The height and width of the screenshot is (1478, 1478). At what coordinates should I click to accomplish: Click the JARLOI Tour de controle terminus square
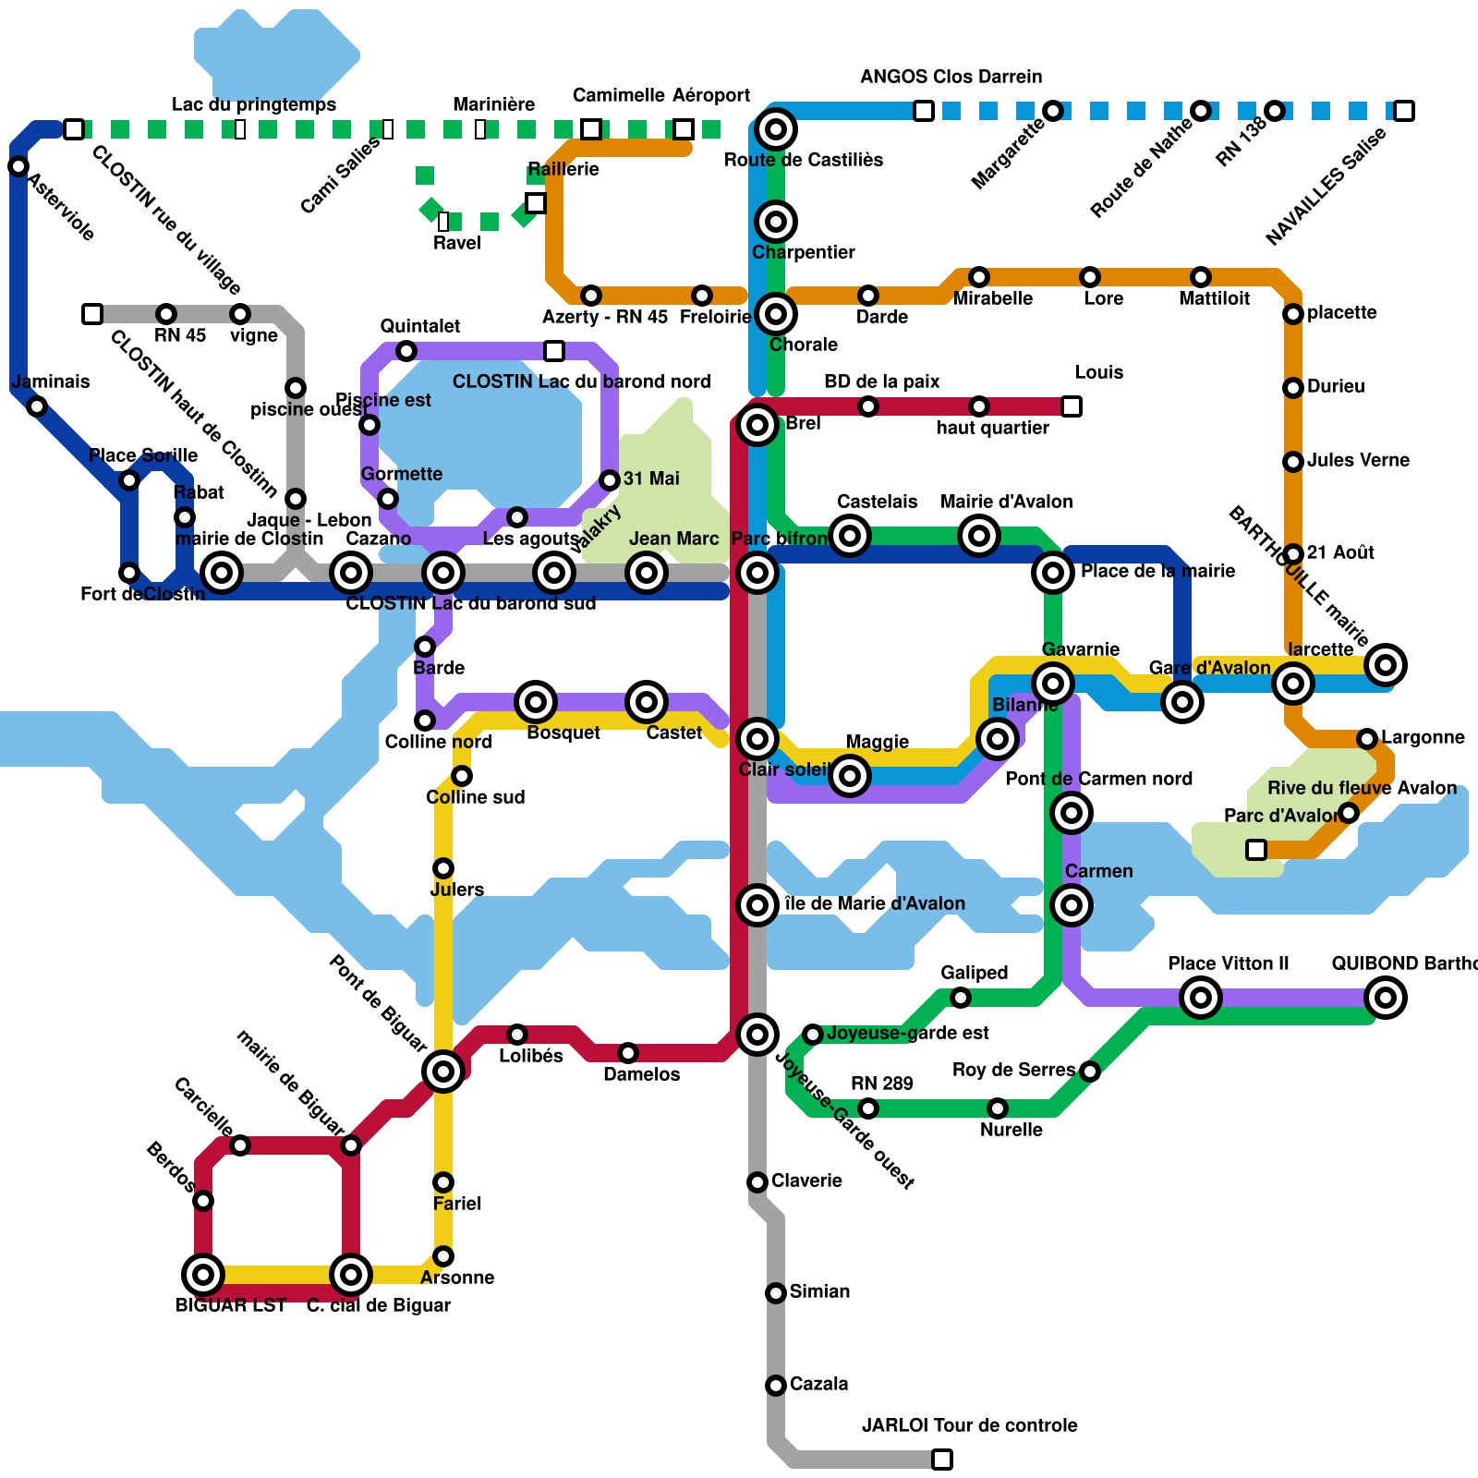pyautogui.click(x=941, y=1459)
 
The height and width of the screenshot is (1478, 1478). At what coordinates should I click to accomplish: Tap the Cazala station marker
pyautogui.click(x=776, y=1385)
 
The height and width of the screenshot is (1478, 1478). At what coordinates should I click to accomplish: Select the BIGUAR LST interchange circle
pyautogui.click(x=203, y=1275)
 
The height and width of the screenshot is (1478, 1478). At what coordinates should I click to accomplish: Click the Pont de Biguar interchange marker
pyautogui.click(x=443, y=1072)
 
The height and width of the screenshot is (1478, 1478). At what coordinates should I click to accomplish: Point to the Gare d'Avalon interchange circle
pyautogui.click(x=1181, y=702)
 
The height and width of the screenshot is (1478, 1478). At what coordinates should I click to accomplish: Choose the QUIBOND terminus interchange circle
pyautogui.click(x=1385, y=998)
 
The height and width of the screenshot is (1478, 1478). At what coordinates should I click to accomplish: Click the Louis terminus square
pyautogui.click(x=1071, y=406)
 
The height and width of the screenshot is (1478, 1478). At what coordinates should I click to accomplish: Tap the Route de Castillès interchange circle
pyautogui.click(x=776, y=129)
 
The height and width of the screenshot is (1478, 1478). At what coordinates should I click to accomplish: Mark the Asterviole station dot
pyautogui.click(x=18, y=166)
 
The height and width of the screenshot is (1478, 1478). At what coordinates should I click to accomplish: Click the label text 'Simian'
pyautogui.click(x=819, y=1291)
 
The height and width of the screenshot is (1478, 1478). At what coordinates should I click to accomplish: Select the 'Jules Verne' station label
pyautogui.click(x=1358, y=460)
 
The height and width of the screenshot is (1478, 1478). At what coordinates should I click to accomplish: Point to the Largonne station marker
pyautogui.click(x=1367, y=738)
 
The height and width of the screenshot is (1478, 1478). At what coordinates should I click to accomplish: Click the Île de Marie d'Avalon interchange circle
pyautogui.click(x=757, y=905)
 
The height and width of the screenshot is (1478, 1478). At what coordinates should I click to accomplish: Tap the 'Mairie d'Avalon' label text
pyautogui.click(x=1006, y=502)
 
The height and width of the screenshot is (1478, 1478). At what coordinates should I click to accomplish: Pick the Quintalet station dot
pyautogui.click(x=406, y=351)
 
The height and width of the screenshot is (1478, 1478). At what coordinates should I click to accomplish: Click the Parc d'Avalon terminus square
pyautogui.click(x=1255, y=849)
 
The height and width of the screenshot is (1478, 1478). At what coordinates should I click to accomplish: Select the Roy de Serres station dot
pyautogui.click(x=1090, y=1072)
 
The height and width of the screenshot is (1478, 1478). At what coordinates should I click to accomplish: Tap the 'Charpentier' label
pyautogui.click(x=803, y=252)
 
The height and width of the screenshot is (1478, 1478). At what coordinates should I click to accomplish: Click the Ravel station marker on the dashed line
pyautogui.click(x=443, y=222)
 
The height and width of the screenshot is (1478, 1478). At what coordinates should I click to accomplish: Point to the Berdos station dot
pyautogui.click(x=203, y=1201)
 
